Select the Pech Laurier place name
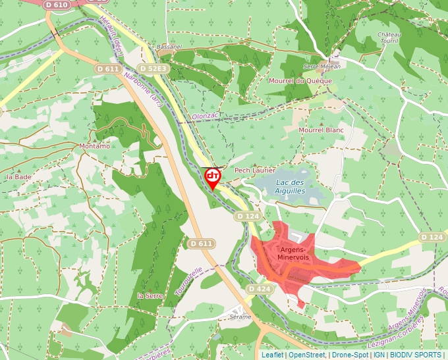[x=255, y=170]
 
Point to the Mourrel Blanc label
[x=322, y=130]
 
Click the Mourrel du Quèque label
[x=301, y=81]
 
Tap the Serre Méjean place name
[x=322, y=66]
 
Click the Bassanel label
[x=169, y=47]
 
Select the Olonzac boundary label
[x=204, y=115]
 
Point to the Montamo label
[x=94, y=146]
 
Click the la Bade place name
[x=18, y=177]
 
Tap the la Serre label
[x=150, y=296]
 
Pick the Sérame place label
[x=240, y=317]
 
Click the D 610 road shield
[x=57, y=5]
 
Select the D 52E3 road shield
[x=154, y=68]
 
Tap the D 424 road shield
[x=260, y=289]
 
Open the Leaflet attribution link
[x=273, y=355]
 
